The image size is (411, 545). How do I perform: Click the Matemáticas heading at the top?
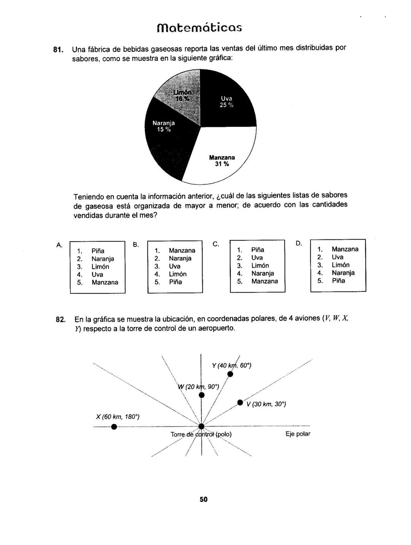pyautogui.click(x=199, y=28)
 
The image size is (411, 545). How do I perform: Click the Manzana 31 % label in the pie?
pyautogui.click(x=221, y=160)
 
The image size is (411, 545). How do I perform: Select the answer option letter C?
pyautogui.click(x=215, y=244)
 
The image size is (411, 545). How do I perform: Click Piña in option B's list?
pyautogui.click(x=175, y=282)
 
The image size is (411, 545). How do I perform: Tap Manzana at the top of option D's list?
pyautogui.click(x=345, y=249)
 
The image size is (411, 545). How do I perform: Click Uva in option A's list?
pyautogui.click(x=97, y=274)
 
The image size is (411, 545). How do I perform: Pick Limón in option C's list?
pyautogui.click(x=260, y=265)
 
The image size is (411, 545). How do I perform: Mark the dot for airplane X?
pyautogui.click(x=113, y=426)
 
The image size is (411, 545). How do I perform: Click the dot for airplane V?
pyautogui.click(x=240, y=402)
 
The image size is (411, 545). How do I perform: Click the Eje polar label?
pyautogui.click(x=298, y=434)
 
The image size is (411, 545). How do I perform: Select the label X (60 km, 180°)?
pyautogui.click(x=118, y=417)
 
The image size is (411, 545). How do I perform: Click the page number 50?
pyautogui.click(x=204, y=499)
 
